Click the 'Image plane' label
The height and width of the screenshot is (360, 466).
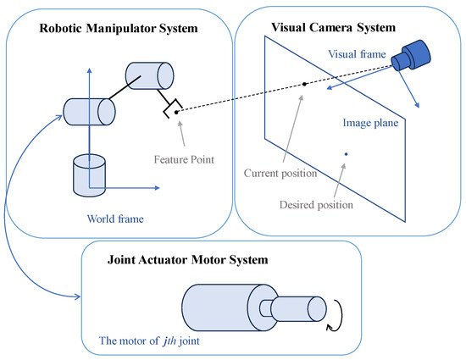click(369, 122)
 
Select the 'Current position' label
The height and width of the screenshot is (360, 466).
click(280, 174)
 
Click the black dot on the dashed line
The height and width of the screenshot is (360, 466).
click(304, 85)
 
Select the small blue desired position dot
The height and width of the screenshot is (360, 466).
click(346, 153)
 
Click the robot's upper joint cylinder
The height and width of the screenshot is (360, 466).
click(147, 75)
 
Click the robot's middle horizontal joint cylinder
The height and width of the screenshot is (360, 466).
click(89, 110)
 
